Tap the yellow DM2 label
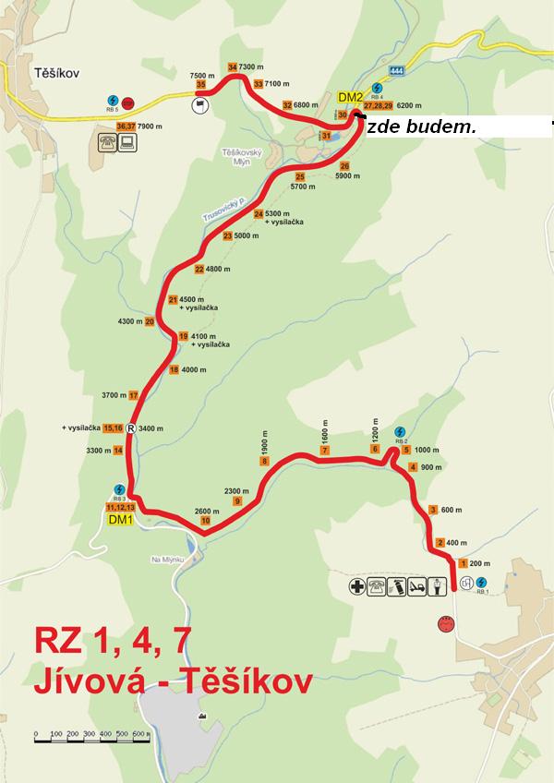tap(349, 97)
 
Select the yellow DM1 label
tap(120, 520)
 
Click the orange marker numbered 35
tap(200, 84)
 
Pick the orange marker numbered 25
tap(299, 176)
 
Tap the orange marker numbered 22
tap(199, 270)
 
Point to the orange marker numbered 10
tap(205, 521)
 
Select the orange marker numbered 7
tap(325, 450)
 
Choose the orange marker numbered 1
tap(462, 562)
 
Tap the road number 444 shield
tap(397, 71)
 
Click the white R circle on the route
tap(131, 428)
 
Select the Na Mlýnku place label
tap(168, 560)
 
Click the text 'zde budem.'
tap(421, 127)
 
